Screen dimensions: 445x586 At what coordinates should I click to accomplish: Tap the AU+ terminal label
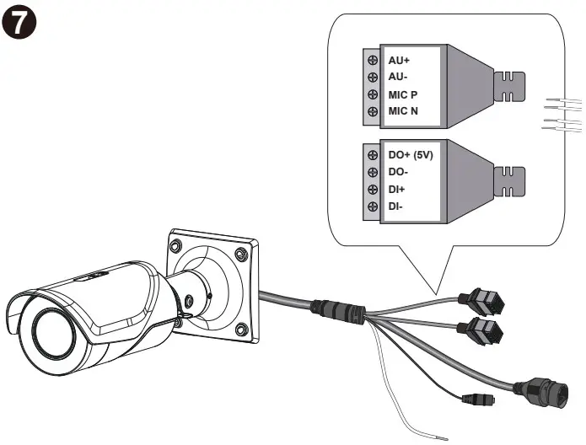[399, 61]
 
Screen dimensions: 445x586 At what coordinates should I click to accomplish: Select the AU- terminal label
[397, 77]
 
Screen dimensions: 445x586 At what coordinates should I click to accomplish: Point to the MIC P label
[402, 94]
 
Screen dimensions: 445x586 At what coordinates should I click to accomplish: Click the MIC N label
[402, 110]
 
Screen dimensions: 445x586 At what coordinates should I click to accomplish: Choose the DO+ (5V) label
[410, 155]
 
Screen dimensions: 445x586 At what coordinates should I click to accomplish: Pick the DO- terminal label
[397, 172]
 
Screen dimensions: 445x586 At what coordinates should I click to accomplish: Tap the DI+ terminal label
[396, 189]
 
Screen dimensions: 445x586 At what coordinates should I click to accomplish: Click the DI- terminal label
[395, 206]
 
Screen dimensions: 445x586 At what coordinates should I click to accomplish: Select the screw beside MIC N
[372, 110]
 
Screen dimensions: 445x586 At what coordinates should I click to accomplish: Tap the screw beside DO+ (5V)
[372, 155]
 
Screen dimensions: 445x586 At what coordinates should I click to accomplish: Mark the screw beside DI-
[372, 206]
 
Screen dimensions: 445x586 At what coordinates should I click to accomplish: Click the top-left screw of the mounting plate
[175, 247]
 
